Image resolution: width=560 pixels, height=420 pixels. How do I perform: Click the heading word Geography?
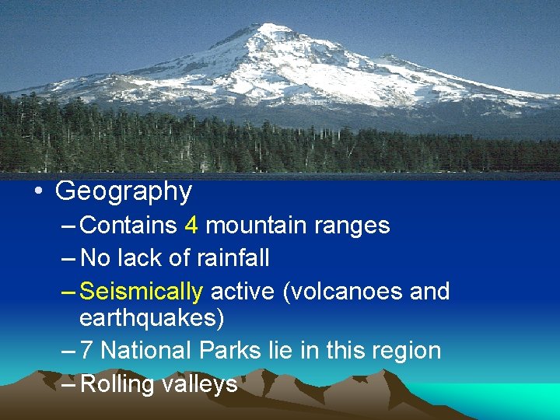coord(124,191)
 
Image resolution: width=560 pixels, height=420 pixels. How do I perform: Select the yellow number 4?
coord(191,226)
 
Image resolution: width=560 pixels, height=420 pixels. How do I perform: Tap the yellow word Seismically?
coord(142,292)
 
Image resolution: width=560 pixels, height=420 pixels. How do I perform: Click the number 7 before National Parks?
coord(87,351)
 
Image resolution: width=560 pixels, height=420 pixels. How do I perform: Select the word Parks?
coord(229,351)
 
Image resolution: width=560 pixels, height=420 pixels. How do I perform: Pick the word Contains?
coord(129,226)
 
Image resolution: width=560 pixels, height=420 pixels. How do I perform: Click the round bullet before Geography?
coord(39,191)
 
